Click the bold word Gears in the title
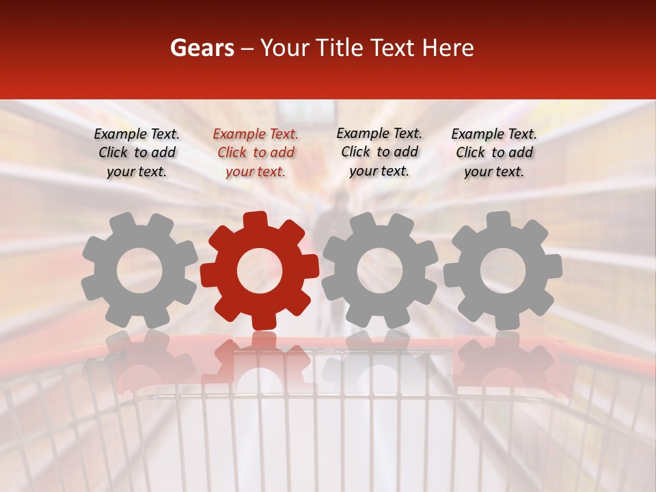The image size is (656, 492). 202,48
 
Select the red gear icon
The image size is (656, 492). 260,270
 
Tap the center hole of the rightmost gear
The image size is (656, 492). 503,271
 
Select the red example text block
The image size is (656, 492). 256,153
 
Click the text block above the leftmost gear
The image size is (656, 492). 137,153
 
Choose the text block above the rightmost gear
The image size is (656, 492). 494,153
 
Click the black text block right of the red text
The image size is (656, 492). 379,152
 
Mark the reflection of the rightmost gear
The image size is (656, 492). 504,362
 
